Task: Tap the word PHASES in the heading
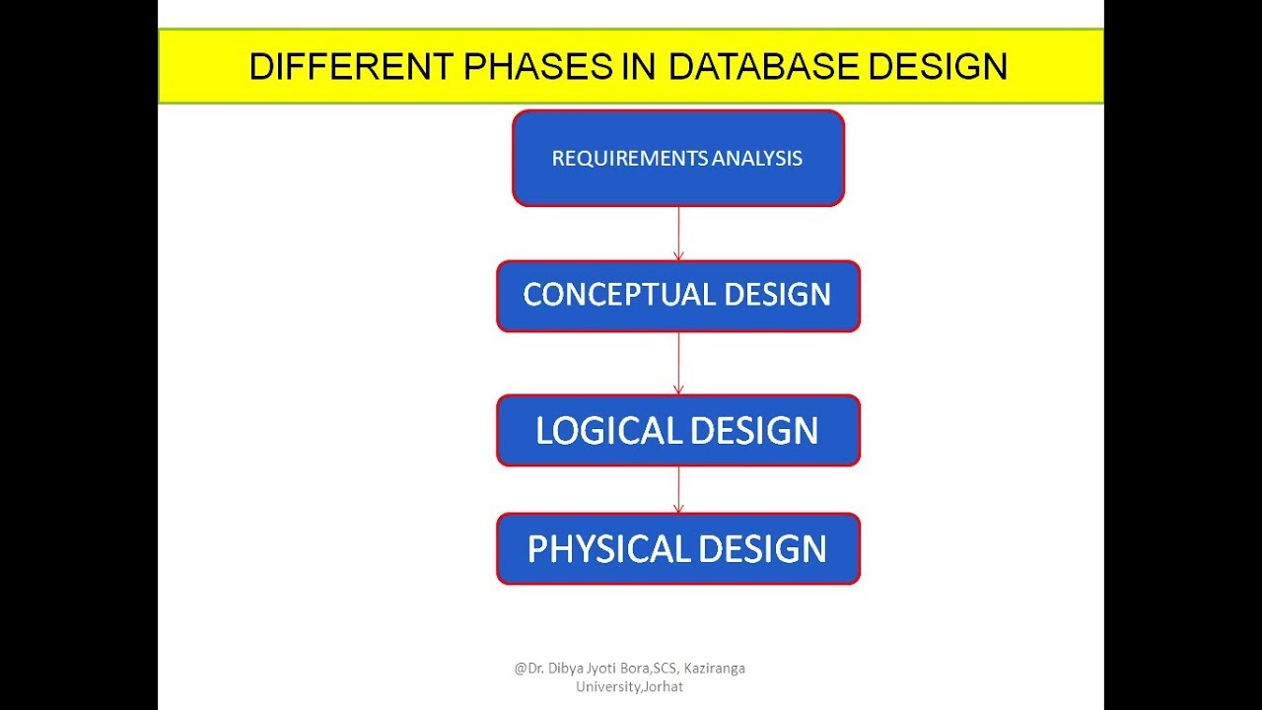524,67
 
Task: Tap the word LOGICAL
608,431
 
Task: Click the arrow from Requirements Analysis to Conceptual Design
678,233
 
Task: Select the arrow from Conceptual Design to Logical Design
678,363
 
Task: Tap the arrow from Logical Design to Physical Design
678,489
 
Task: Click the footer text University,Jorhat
629,686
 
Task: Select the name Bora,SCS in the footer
648,669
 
